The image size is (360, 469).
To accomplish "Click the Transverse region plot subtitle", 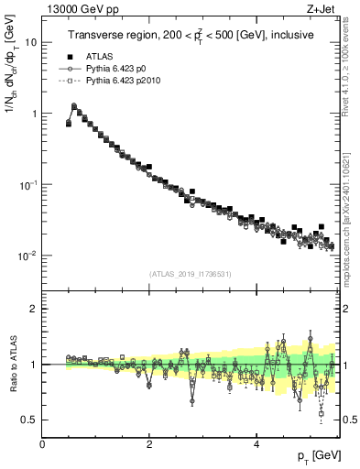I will click(191, 36).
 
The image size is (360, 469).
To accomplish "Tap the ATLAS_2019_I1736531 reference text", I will click(191, 274).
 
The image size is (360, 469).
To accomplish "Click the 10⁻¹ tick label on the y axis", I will click(28, 184).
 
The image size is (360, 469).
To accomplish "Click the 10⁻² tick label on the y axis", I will click(28, 256).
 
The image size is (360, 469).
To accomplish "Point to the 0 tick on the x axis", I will click(43, 444).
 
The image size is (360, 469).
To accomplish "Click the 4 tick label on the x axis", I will click(256, 444).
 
